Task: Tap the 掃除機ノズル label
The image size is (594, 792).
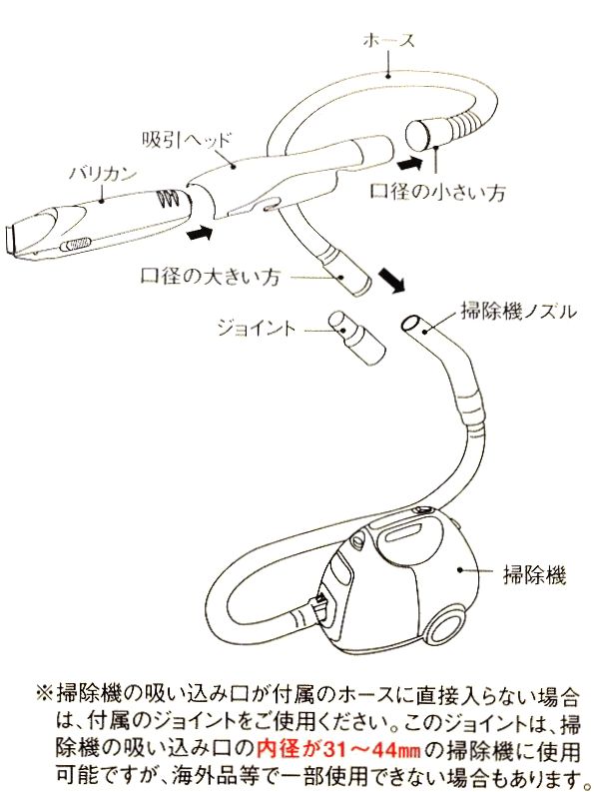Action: tap(514, 311)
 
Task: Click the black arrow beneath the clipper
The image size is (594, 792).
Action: tap(201, 233)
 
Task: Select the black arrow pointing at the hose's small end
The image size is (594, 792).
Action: tap(409, 159)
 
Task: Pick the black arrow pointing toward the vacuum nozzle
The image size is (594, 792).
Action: tap(395, 284)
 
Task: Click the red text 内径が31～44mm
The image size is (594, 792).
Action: tap(318, 747)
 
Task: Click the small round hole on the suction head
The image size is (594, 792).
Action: tap(269, 207)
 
